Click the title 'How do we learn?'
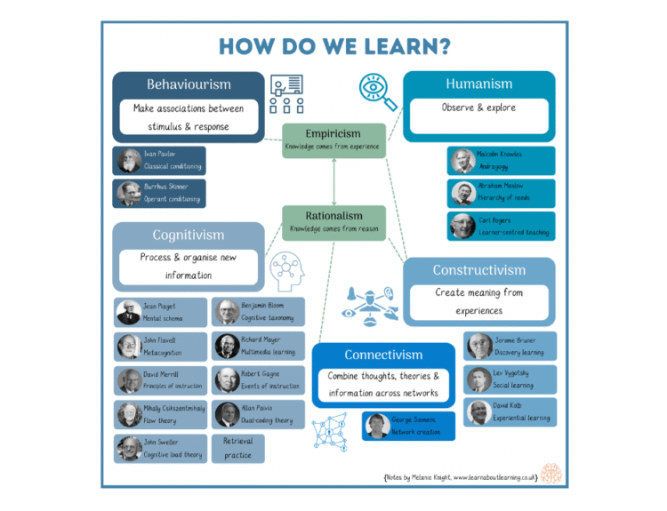333,46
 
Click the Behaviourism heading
189,84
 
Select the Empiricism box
333,140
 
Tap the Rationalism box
333,221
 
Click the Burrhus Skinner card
160,194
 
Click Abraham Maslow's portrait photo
462,193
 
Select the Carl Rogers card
502,226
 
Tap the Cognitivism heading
189,236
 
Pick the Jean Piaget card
160,312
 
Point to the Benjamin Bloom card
259,312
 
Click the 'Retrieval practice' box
238,448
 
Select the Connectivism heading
383,355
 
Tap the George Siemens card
407,426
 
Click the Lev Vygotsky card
511,379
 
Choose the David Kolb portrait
479,412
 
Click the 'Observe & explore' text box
478,108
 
